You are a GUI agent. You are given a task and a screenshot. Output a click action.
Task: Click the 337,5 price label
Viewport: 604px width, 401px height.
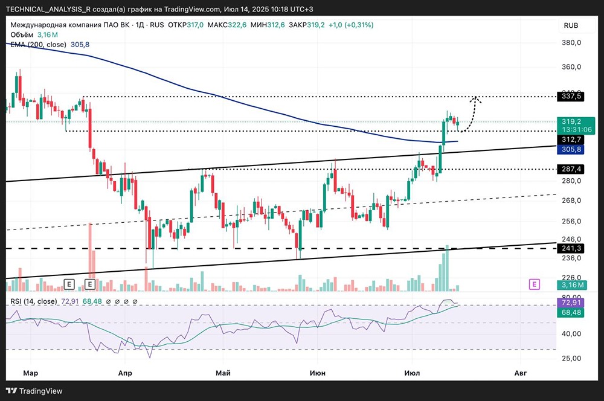(x=571, y=96)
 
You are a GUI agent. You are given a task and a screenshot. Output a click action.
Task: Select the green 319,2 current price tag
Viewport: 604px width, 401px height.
(x=571, y=121)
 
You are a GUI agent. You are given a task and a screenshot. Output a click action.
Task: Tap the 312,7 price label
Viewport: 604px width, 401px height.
(x=571, y=140)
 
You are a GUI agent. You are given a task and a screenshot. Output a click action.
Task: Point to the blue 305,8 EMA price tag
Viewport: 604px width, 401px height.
(x=571, y=149)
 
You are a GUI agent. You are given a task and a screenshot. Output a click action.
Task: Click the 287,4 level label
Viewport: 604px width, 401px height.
(x=571, y=169)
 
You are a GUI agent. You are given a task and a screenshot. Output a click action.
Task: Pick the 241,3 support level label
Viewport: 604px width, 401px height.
(x=571, y=248)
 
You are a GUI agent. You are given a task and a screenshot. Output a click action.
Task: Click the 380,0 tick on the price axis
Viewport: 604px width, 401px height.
(x=571, y=43)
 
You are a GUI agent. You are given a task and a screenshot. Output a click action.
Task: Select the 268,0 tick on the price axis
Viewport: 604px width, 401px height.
(x=571, y=200)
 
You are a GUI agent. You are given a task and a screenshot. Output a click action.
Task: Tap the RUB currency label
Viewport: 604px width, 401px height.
(x=571, y=25)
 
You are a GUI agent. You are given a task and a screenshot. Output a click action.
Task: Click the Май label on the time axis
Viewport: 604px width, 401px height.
(x=223, y=373)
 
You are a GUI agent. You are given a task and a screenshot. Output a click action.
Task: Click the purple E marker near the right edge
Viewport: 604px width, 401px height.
(x=534, y=283)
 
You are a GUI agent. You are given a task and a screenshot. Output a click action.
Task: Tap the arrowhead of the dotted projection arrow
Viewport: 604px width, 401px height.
(x=476, y=98)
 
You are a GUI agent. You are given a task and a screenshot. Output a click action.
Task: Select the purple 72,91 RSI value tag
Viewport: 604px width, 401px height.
(x=571, y=301)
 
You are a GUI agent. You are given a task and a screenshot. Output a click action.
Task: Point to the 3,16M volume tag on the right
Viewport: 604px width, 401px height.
(x=571, y=285)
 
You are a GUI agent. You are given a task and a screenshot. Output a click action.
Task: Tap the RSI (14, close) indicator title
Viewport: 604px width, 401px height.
(x=33, y=301)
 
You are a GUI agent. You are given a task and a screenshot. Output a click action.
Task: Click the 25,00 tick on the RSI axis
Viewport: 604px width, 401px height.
(x=571, y=358)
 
